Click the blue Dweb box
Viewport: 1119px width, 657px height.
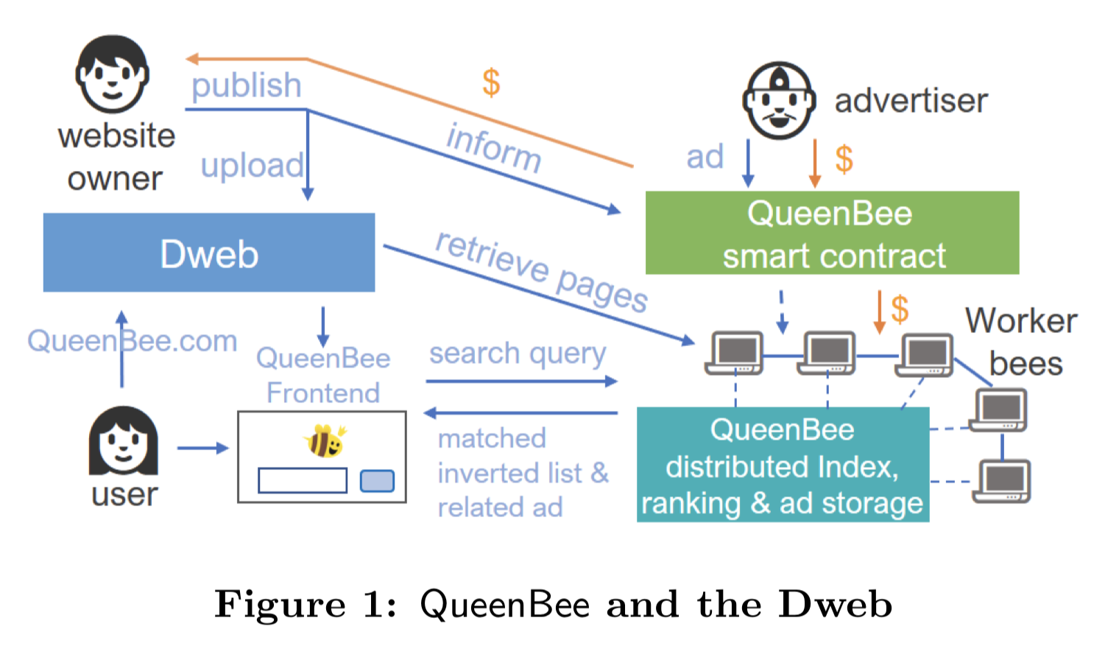pyautogui.click(x=208, y=253)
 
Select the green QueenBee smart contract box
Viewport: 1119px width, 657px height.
pyautogui.click(x=832, y=233)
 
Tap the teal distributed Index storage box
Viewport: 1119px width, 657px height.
pyautogui.click(x=783, y=465)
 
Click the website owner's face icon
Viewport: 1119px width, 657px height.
pyautogui.click(x=112, y=74)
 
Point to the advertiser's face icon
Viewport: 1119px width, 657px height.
pyautogui.click(x=779, y=100)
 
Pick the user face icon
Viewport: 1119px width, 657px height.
pyautogui.click(x=123, y=442)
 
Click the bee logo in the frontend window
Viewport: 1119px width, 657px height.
pyautogui.click(x=324, y=440)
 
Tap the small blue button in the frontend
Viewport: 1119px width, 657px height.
pyautogui.click(x=377, y=481)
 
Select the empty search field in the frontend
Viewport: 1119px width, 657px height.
pyautogui.click(x=303, y=481)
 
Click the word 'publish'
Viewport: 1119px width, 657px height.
pyautogui.click(x=246, y=86)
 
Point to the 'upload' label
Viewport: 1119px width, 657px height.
pyautogui.click(x=252, y=166)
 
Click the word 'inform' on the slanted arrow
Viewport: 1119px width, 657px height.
pyautogui.click(x=494, y=147)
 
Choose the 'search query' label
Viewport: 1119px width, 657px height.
pyautogui.click(x=518, y=354)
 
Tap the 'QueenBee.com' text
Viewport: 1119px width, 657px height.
pyautogui.click(x=133, y=341)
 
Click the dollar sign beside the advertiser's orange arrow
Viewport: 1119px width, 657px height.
pyautogui.click(x=844, y=159)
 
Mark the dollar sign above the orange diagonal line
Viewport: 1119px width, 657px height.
pyautogui.click(x=491, y=82)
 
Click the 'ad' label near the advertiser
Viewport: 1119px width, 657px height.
pyautogui.click(x=705, y=157)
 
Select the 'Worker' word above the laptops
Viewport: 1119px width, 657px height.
pyautogui.click(x=1021, y=321)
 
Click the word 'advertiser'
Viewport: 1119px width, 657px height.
pyautogui.click(x=911, y=101)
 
